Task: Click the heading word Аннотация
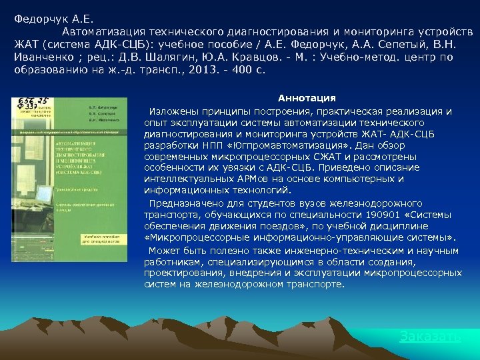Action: coord(307,98)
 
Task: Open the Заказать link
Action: coord(430,337)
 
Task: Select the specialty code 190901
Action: coord(382,215)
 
